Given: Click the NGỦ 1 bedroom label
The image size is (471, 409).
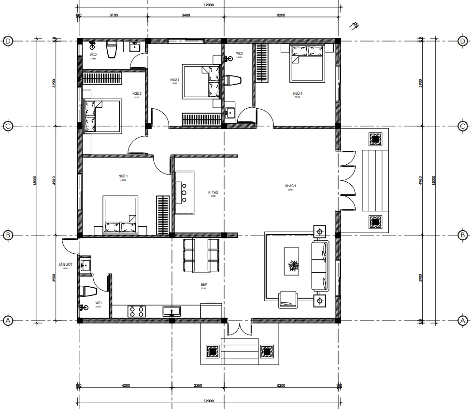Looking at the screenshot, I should pos(123,176).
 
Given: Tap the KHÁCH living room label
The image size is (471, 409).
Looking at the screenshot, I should pos(290,186).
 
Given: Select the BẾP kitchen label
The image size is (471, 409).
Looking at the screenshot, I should pos(203,285).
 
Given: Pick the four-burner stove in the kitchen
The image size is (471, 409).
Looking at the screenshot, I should pos(136,311).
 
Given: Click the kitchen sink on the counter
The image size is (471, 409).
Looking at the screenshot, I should pos(171,311).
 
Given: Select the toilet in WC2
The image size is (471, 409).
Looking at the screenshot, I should pos(112,50).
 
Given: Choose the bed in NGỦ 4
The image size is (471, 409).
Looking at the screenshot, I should pos(306,63).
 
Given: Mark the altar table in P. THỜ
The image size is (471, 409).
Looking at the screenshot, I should pos(184,192).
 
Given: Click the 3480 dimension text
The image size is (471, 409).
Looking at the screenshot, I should pos(185,15).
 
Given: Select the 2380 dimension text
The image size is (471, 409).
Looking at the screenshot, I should pos(198,386).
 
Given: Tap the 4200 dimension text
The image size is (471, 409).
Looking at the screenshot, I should pos(126,386).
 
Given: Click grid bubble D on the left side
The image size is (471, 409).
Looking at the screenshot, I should pos(8,41).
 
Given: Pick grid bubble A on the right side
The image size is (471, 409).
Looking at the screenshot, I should pos(462,321).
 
